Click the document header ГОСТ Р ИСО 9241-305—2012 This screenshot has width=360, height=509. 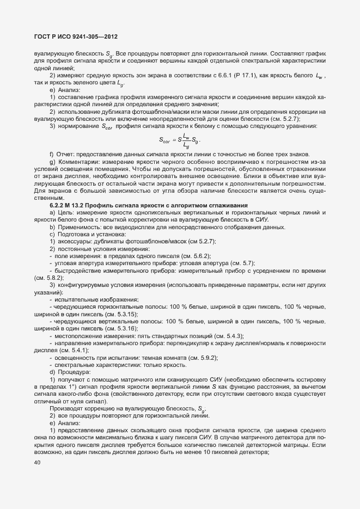click(76, 37)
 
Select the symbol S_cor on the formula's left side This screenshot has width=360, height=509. click(166, 139)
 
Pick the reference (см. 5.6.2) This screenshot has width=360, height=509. click(196, 255)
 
